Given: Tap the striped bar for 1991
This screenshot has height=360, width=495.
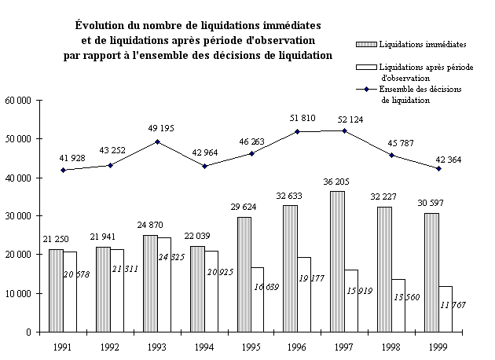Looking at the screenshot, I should (55, 290).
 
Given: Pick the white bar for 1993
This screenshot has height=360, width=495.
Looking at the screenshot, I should (164, 284).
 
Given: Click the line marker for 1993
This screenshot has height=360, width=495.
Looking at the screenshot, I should (157, 141).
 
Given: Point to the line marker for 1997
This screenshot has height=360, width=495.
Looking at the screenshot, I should (344, 130).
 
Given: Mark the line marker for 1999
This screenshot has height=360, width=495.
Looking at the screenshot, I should (438, 168).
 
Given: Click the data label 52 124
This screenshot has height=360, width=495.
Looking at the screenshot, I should (343, 119).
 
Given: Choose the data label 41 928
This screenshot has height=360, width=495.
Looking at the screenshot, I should (62, 158).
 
